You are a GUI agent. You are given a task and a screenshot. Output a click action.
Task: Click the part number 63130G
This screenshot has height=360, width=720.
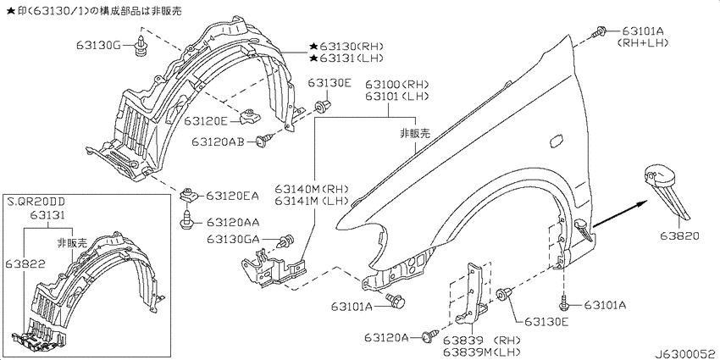(x=98, y=46)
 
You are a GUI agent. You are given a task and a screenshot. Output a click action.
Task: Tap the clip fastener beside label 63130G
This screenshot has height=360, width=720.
(x=141, y=42)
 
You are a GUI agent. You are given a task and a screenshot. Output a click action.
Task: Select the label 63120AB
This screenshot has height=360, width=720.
(x=218, y=142)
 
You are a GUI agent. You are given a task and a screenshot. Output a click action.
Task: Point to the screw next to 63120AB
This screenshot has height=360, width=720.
(x=264, y=139)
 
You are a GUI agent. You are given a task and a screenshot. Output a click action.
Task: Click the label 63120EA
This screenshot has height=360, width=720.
(x=232, y=196)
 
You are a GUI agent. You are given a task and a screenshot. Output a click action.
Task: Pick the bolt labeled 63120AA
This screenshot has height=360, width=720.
(x=187, y=221)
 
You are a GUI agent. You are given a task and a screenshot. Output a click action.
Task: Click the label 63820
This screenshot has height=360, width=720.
(x=680, y=236)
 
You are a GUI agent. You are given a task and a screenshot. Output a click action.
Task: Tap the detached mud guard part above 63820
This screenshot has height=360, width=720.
(x=666, y=188)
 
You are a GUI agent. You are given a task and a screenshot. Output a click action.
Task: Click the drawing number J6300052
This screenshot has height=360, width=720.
(x=686, y=354)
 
